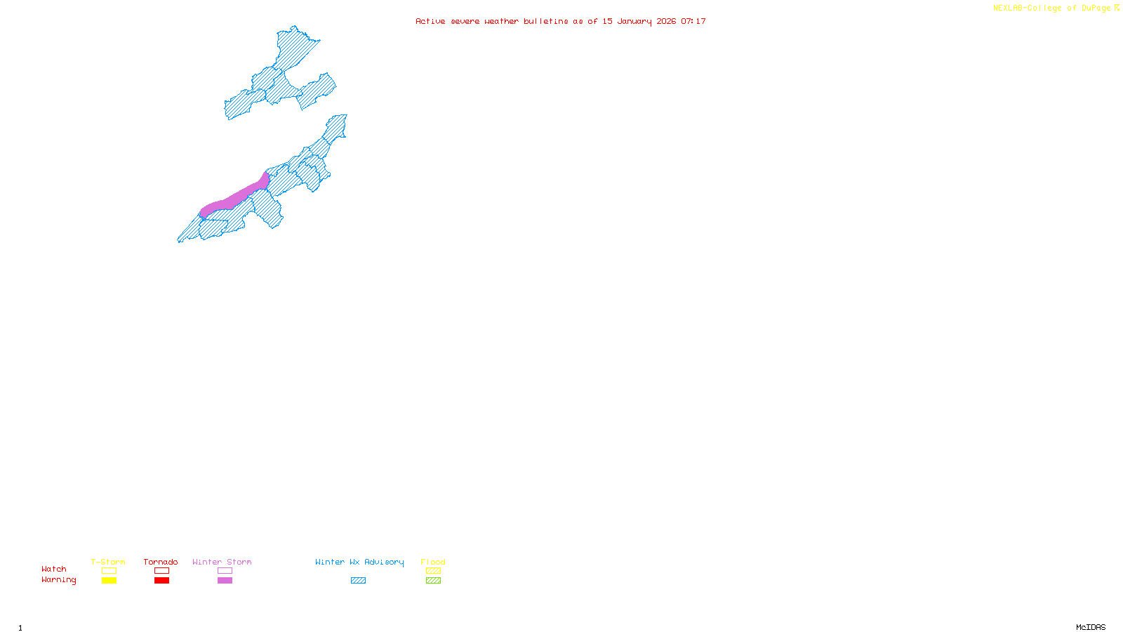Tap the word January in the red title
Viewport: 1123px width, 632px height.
634,21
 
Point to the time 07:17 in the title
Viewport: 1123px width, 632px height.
693,21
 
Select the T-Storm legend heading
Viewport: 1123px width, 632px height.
108,562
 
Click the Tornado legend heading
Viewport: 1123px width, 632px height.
161,562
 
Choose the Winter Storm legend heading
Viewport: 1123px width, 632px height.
222,562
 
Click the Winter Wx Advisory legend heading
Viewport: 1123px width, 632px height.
359,562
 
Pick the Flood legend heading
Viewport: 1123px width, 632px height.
433,562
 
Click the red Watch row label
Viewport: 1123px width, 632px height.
54,569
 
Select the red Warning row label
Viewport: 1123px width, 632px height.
59,580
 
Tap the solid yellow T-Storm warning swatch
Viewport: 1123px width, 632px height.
109,581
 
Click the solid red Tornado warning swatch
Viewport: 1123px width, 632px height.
161,581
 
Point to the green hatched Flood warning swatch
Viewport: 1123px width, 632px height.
433,581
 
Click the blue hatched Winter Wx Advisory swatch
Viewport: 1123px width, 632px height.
358,581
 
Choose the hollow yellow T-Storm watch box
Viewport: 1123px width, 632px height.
109,571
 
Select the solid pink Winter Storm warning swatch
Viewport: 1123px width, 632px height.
225,581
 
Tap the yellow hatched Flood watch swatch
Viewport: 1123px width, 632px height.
433,571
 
